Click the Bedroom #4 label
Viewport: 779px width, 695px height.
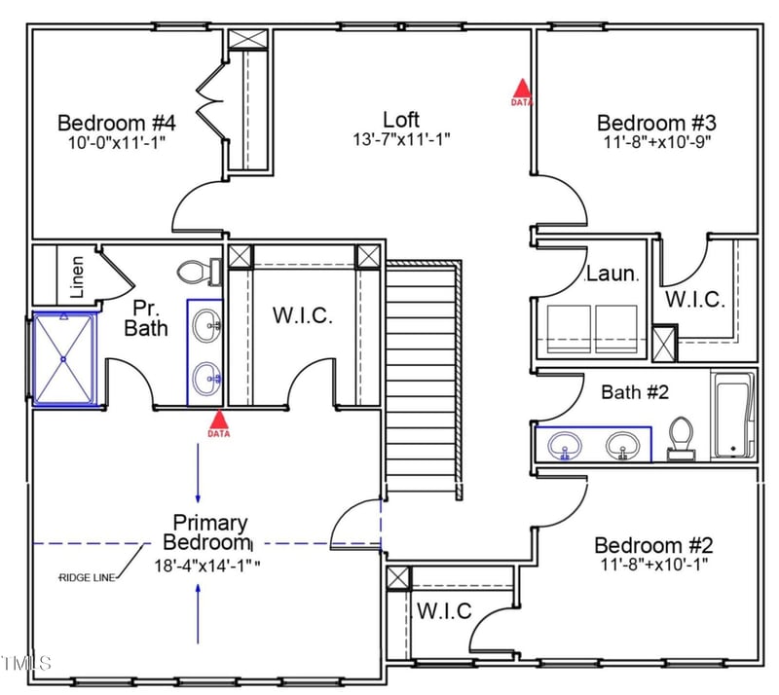click(x=116, y=124)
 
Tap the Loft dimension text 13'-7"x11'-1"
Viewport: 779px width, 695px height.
click(x=401, y=139)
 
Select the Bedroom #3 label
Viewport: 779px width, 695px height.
click(x=656, y=124)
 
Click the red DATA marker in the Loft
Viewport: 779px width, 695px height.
click(x=523, y=91)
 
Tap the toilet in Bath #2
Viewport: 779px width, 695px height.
click(x=682, y=437)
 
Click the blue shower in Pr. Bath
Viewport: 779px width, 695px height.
click(x=64, y=357)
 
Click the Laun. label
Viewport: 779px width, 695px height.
click(x=612, y=275)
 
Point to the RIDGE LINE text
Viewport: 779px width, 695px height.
click(x=88, y=578)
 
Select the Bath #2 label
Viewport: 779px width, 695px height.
click(x=634, y=392)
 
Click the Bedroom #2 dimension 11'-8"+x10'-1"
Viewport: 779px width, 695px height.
click(x=656, y=564)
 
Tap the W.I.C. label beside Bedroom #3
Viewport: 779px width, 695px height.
click(x=693, y=300)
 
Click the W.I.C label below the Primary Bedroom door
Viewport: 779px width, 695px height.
click(x=444, y=611)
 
